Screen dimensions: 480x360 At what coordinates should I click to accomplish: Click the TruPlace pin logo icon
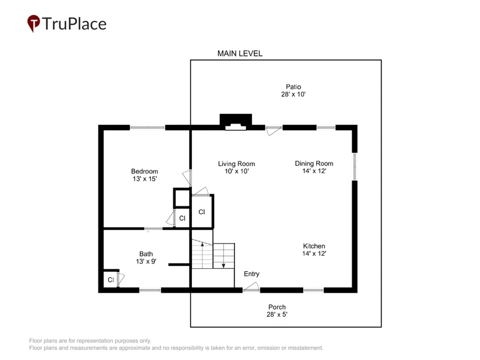(34, 23)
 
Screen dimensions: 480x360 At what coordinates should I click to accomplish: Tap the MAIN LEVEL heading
(239, 53)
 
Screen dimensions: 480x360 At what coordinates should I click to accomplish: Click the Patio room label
(293, 86)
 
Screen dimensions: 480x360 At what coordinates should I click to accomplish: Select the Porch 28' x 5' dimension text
(277, 314)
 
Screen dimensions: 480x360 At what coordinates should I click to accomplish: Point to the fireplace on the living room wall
(236, 122)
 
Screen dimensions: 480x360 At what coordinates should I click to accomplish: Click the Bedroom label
(145, 171)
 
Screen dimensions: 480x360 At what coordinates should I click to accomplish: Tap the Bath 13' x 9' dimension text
(146, 262)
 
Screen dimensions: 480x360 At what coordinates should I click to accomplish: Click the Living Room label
(236, 164)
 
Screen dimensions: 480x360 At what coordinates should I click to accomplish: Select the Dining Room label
(314, 163)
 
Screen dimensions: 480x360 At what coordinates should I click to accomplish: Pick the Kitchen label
(314, 246)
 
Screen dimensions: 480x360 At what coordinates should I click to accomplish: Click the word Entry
(251, 274)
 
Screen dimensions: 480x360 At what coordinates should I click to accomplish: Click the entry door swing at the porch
(251, 287)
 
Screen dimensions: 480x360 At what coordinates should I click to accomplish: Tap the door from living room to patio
(274, 131)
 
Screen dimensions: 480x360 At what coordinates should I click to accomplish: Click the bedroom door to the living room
(187, 178)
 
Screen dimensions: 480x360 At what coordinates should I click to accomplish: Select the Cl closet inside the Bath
(111, 280)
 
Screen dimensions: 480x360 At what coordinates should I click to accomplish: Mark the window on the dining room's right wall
(355, 167)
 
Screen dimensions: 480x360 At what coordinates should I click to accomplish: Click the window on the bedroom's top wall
(148, 127)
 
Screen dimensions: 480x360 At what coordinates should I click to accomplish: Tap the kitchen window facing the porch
(313, 290)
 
